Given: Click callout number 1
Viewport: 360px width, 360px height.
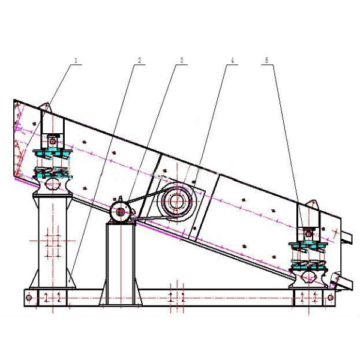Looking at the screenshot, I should (77, 61).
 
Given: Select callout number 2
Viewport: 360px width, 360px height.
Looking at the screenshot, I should (139, 61).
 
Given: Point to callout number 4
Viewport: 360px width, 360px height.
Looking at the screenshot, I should (228, 61).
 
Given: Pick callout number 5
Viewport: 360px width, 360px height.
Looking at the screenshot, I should (266, 61).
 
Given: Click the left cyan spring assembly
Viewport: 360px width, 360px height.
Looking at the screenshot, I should (52, 163).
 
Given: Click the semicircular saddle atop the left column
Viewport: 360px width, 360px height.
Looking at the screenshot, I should (52, 187).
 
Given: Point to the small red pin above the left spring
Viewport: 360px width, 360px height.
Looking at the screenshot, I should (52, 142).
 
